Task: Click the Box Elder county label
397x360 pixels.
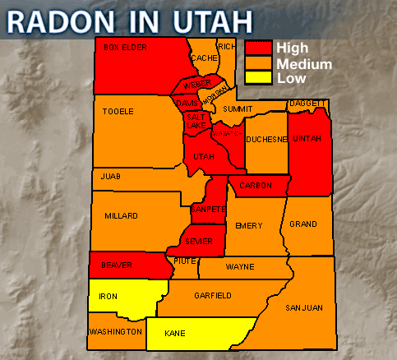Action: point(125,48)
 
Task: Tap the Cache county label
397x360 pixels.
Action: point(204,58)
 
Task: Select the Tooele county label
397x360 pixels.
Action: point(118,111)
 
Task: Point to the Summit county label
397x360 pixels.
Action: point(238,108)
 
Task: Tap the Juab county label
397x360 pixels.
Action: point(110,176)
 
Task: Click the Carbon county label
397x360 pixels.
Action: point(255,186)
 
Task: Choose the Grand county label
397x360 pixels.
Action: point(303,224)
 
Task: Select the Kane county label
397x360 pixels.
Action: point(174,334)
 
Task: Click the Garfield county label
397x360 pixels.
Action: point(212,295)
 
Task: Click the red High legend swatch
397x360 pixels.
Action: point(258,48)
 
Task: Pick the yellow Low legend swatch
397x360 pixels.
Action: point(258,78)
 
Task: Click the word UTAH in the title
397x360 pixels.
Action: point(199,20)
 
